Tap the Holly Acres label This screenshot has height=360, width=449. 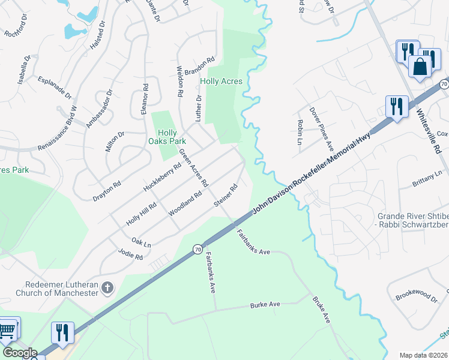coord(221,82)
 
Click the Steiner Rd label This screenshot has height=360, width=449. coord(226,196)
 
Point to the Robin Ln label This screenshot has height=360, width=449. coord(300,132)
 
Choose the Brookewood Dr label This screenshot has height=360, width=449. coord(417,295)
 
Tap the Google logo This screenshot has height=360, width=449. coord(20,353)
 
